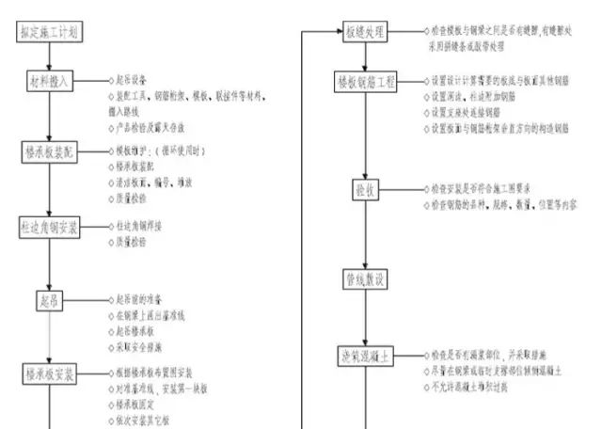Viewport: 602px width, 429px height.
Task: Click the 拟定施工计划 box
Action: (x=49, y=32)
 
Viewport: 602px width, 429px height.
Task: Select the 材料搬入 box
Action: (x=49, y=83)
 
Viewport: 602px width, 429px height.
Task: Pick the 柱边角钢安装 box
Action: (x=49, y=228)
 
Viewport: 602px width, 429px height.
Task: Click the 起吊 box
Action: (x=49, y=301)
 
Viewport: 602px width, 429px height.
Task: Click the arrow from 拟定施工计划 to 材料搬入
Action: (x=49, y=56)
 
